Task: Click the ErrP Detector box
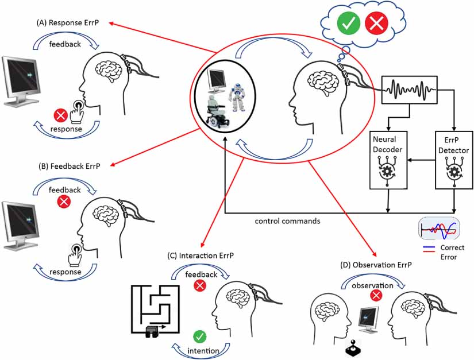(x=454, y=159)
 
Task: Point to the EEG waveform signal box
(x=410, y=91)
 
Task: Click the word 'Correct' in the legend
(x=452, y=247)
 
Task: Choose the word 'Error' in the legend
(x=448, y=257)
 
